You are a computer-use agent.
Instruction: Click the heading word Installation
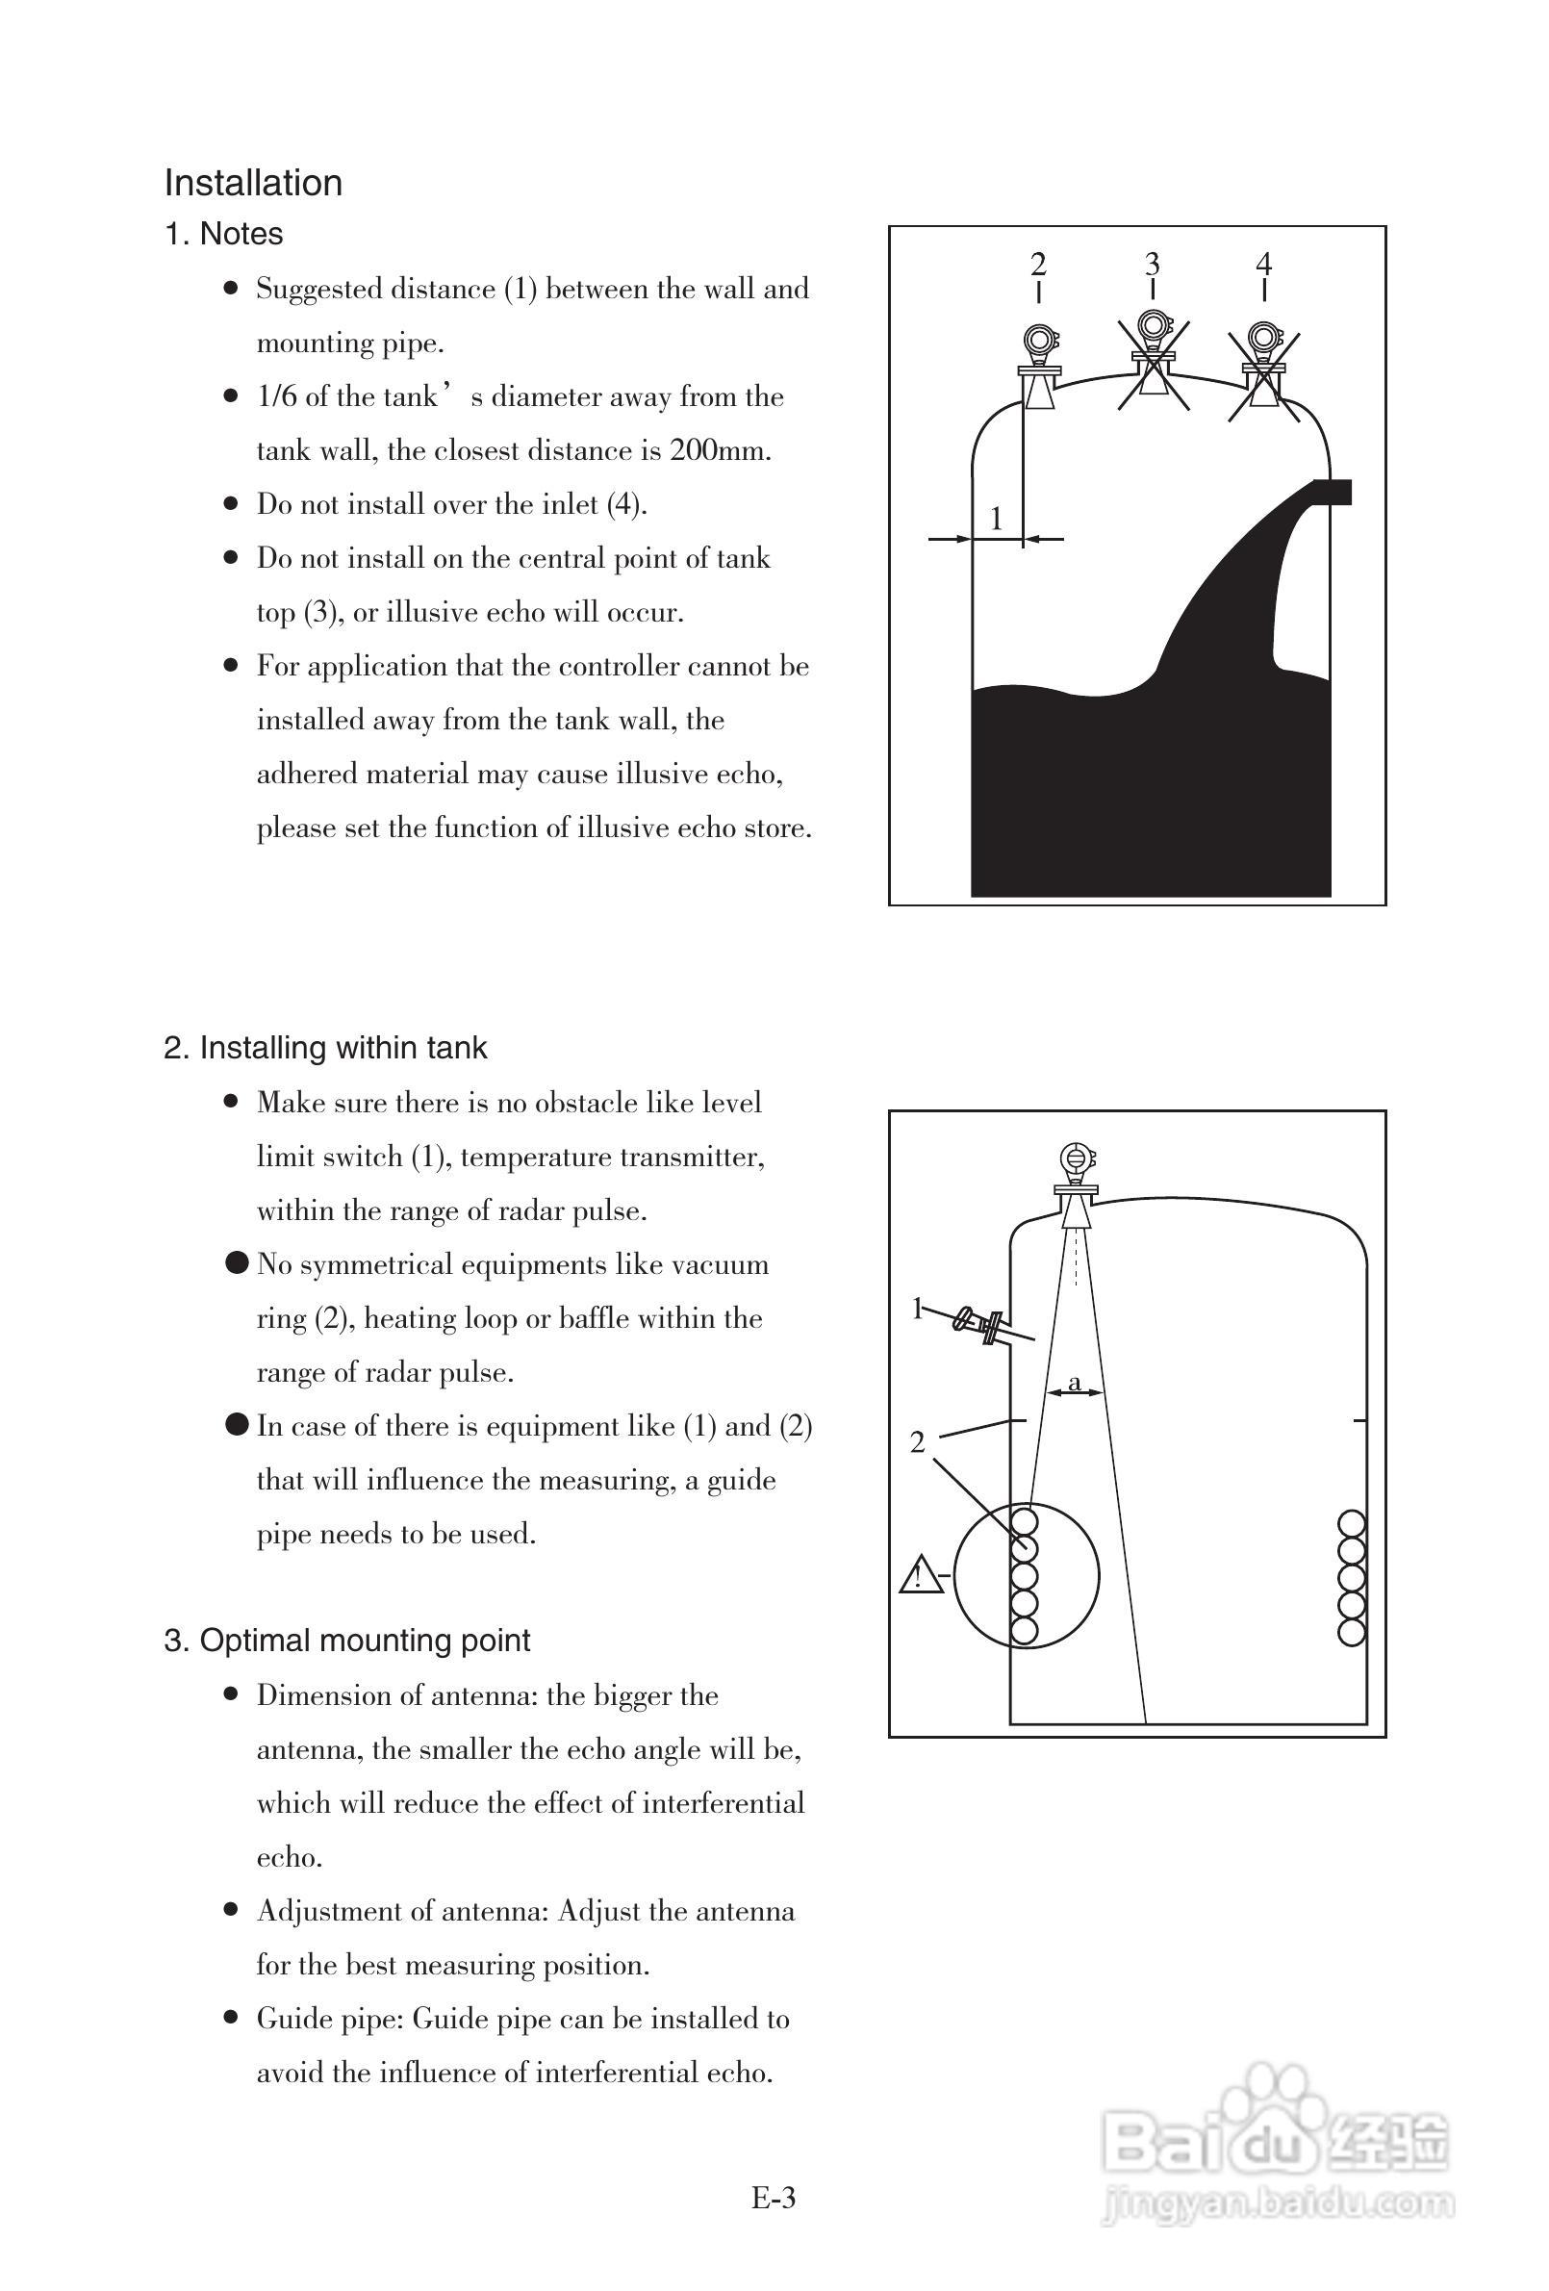(252, 184)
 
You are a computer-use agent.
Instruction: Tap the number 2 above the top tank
(1037, 264)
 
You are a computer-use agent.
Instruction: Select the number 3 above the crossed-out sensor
(1152, 264)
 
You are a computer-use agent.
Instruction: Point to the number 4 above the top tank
(1264, 264)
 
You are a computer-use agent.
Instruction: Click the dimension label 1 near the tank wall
(996, 518)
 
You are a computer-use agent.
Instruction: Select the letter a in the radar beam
(1074, 1382)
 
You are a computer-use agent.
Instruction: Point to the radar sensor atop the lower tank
(1075, 1183)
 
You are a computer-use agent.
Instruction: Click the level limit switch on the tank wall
(981, 1323)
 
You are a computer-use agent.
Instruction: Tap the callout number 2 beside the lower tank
(917, 1443)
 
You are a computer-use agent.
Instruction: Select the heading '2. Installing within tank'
(325, 1047)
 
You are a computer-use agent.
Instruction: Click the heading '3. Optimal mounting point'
(347, 1641)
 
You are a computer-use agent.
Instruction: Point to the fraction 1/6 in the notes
(277, 397)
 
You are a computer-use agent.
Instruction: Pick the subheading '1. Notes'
(224, 235)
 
